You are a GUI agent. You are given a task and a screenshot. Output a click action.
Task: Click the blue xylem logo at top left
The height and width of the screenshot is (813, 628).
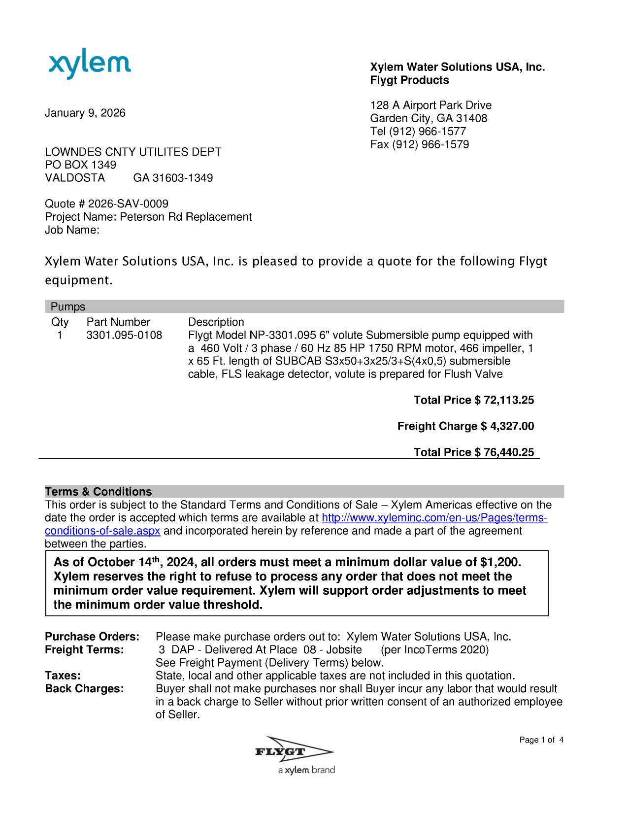click(90, 66)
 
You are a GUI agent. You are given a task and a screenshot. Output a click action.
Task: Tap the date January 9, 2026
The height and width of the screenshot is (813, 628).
click(85, 113)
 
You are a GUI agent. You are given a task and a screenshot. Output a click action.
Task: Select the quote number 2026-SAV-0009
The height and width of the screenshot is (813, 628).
click(128, 204)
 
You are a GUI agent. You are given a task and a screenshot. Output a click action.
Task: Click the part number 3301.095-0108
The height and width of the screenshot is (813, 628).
click(124, 336)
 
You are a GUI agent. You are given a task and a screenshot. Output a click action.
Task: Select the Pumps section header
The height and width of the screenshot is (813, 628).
click(68, 307)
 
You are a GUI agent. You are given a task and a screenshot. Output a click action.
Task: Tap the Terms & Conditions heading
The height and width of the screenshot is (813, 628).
click(99, 492)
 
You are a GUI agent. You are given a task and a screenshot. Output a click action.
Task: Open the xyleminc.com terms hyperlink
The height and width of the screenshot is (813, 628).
click(434, 518)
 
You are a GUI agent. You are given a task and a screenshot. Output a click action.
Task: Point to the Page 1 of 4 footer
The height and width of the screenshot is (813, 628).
click(541, 740)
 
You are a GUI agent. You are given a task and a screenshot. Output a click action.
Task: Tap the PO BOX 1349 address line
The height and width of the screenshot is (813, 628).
click(81, 165)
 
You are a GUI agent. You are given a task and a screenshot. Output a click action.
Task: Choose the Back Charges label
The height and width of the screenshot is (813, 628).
click(84, 689)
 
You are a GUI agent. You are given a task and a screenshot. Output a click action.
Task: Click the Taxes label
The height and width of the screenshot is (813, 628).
click(63, 676)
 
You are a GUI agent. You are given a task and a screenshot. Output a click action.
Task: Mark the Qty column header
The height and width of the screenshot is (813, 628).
click(60, 322)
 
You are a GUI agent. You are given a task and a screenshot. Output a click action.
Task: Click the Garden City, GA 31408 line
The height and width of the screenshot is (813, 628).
click(429, 118)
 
